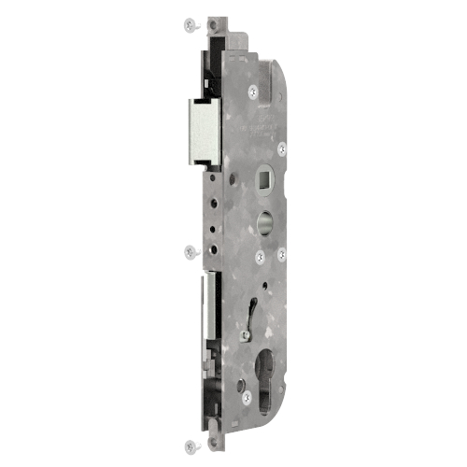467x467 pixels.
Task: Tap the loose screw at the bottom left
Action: (x=190, y=445)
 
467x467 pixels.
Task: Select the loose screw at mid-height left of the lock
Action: (x=191, y=250)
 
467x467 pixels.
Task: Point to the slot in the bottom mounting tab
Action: (x=216, y=438)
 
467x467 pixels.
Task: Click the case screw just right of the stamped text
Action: (x=281, y=147)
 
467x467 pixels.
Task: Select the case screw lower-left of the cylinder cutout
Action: (x=246, y=397)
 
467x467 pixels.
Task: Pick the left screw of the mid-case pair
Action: (x=259, y=254)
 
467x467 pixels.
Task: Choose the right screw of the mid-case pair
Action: (x=281, y=252)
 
